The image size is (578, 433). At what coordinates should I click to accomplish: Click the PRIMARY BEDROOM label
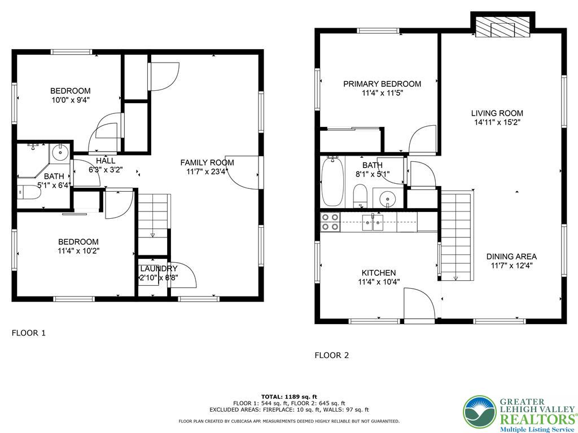point(382,84)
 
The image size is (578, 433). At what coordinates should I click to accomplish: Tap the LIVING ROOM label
point(497,113)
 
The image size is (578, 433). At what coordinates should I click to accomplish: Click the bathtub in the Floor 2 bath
point(332,182)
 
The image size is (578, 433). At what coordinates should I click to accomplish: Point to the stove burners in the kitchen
point(330,222)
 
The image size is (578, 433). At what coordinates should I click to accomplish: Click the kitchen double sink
point(373,222)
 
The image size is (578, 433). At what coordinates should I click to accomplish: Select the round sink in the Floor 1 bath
point(59,152)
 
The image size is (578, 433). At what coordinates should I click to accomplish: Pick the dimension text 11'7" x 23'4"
point(207,171)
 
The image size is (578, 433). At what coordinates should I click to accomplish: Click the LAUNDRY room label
point(159,268)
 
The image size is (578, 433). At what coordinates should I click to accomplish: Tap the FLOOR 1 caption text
point(28,333)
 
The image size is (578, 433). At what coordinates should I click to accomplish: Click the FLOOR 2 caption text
point(331,355)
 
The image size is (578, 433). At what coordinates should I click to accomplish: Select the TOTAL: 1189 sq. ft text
point(289,396)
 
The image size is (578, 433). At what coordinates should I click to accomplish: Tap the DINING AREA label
point(511,257)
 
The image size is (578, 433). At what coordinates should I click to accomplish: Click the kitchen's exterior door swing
point(419,304)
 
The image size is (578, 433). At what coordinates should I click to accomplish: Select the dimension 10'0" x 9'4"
point(70,100)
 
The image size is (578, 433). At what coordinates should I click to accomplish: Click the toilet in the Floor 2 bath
point(360,197)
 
